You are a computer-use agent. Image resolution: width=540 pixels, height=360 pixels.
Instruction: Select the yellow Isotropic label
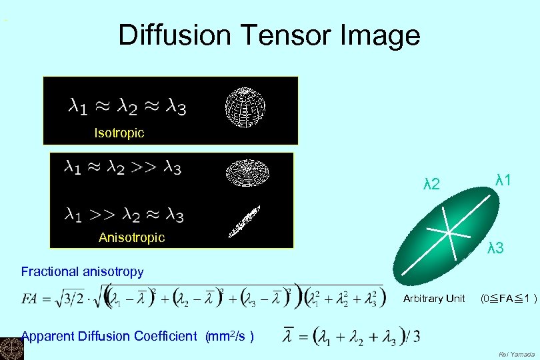point(119,133)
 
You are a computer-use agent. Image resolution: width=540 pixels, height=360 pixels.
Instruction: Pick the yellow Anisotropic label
point(131,237)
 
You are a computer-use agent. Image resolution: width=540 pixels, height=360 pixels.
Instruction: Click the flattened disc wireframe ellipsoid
point(245,172)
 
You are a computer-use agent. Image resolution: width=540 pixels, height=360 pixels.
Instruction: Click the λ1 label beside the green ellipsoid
point(503,179)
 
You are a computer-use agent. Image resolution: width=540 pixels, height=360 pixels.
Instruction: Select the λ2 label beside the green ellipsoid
point(432,184)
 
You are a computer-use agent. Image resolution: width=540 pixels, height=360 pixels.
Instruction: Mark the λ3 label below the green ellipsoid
point(495,249)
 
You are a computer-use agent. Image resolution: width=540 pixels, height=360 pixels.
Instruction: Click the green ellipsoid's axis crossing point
point(451,233)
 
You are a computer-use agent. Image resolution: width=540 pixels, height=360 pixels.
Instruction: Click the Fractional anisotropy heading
point(82,271)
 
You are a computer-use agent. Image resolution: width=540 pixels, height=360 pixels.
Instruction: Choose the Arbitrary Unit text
point(434,299)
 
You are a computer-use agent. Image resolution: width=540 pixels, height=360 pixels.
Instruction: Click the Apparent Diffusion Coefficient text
point(109,336)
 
